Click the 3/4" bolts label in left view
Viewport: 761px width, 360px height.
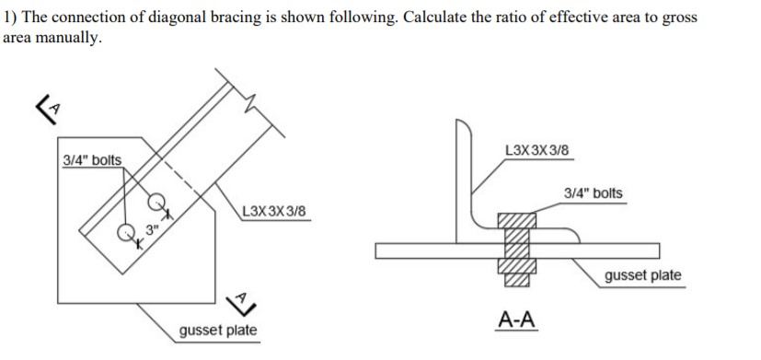click(x=91, y=160)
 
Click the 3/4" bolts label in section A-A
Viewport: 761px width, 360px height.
click(x=594, y=193)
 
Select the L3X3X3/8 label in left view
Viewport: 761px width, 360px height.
click(x=272, y=213)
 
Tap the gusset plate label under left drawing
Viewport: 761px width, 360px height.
click(x=218, y=331)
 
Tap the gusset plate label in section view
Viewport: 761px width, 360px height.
click(x=643, y=275)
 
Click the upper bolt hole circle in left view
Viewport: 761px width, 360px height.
click(x=156, y=199)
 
